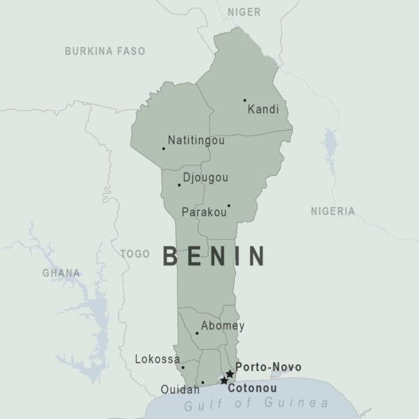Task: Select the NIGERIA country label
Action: [332, 211]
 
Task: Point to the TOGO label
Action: [135, 254]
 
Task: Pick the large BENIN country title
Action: [214, 256]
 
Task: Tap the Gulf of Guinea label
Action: [256, 403]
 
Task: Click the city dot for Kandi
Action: [244, 101]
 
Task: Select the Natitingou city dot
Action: [163, 148]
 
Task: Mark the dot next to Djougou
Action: [179, 185]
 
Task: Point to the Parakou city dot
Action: [228, 205]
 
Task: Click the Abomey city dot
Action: [197, 333]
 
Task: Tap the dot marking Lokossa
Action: [183, 367]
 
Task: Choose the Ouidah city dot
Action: [203, 383]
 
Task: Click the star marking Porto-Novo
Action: [230, 374]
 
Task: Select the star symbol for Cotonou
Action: [223, 381]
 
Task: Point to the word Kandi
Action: [263, 109]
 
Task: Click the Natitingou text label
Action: [196, 140]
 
